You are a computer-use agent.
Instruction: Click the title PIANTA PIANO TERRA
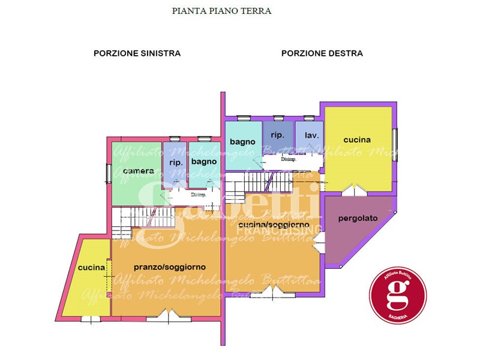tap(221, 11)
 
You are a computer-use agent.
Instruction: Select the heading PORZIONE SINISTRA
tap(137, 53)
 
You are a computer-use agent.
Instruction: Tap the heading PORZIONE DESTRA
tap(322, 53)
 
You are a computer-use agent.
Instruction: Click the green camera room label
tap(138, 171)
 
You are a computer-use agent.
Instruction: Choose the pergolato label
tap(358, 218)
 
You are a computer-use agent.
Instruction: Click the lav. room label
tap(311, 136)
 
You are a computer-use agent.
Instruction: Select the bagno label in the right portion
tap(243, 142)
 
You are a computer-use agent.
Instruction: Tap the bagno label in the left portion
tap(204, 161)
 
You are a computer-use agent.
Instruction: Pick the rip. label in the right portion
tap(277, 135)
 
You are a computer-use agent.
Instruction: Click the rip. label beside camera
tap(176, 163)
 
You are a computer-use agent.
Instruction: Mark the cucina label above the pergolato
tap(357, 140)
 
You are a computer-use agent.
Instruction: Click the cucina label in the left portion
tap(92, 268)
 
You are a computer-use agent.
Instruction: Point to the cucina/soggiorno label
tap(274, 225)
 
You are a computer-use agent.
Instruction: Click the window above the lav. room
tap(308, 118)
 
